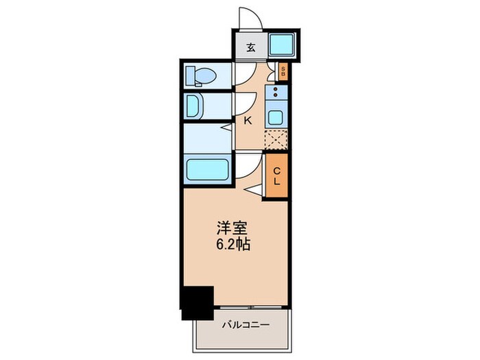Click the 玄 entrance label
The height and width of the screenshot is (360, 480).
pos(251,47)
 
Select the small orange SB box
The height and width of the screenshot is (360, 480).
pos(283,70)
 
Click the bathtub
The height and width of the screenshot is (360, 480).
pos(208,169)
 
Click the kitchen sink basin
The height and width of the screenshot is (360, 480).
pos(276,116)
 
